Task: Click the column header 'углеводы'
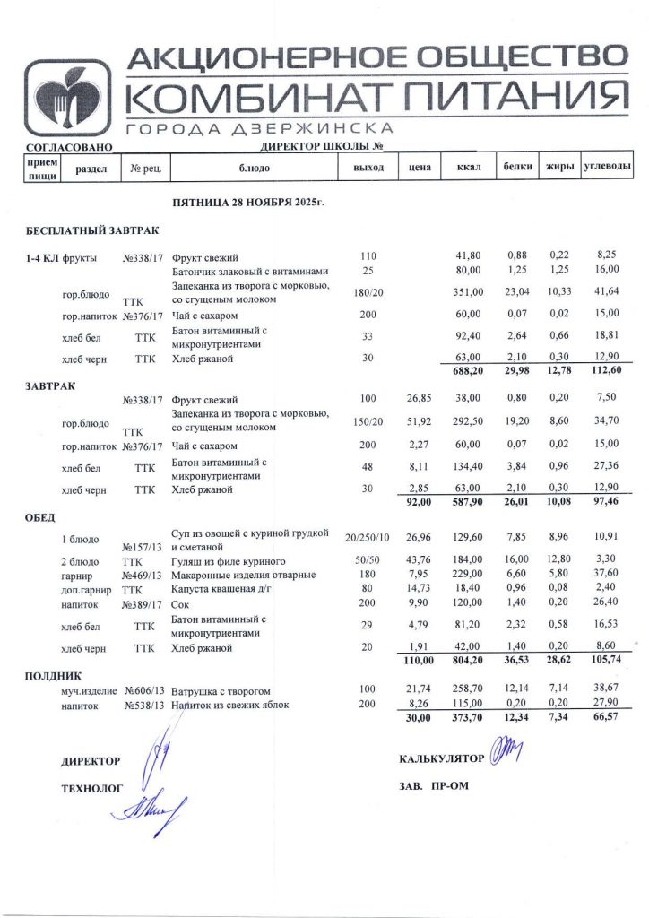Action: pyautogui.click(x=607, y=167)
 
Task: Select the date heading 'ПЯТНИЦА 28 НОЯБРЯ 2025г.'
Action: pyautogui.click(x=247, y=204)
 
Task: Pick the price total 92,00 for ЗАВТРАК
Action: pyautogui.click(x=418, y=503)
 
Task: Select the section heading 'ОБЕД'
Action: pyautogui.click(x=41, y=517)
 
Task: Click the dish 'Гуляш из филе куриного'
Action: pyautogui.click(x=228, y=559)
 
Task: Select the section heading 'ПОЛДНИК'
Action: pyautogui.click(x=54, y=675)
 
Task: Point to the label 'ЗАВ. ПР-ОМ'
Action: pyautogui.click(x=434, y=786)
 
